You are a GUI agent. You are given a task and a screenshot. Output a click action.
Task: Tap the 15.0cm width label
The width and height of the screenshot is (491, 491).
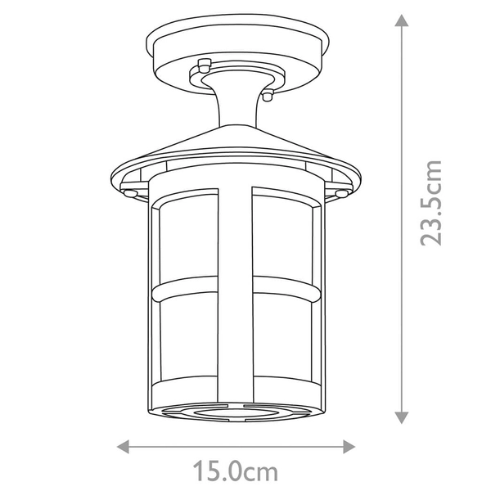coord(236,472)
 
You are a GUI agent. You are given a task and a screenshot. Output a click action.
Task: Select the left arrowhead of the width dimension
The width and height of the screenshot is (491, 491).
coord(124,445)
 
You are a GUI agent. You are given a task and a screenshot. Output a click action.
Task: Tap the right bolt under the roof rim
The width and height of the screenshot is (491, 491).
coord(340,191)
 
